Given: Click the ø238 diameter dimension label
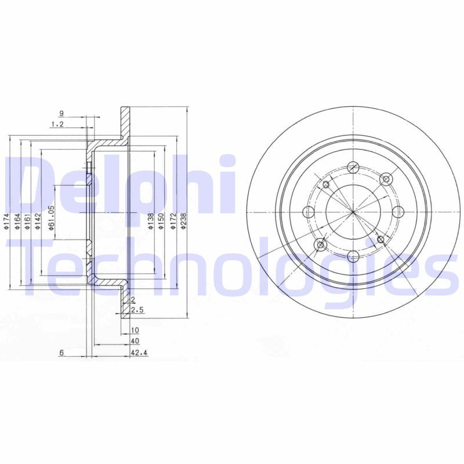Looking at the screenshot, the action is [x=183, y=220].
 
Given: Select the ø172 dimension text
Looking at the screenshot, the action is [x=173, y=220].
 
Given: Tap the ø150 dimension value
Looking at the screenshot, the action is [x=161, y=220].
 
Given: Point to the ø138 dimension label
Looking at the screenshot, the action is [x=151, y=221].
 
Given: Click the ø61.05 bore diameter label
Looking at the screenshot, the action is [x=51, y=217].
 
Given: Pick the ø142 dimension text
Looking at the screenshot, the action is [x=38, y=221].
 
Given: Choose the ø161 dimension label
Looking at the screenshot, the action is [x=27, y=221].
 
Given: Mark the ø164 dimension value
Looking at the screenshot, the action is [x=17, y=221].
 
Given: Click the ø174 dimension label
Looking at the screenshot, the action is [x=7, y=221].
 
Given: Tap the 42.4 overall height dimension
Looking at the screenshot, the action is [x=139, y=353].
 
